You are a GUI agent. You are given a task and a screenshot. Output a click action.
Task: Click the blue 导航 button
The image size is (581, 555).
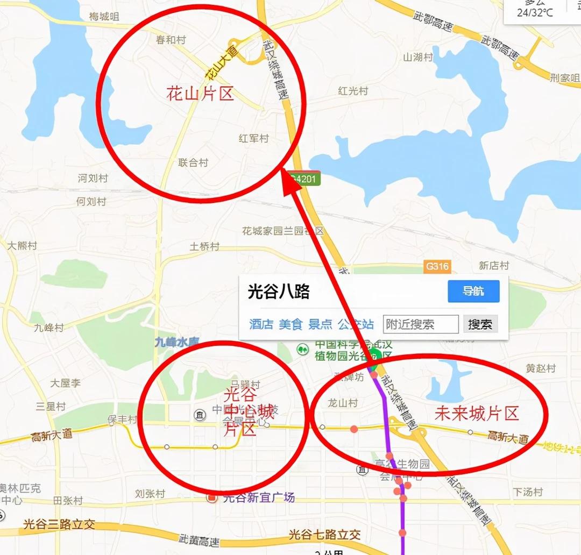click(473, 291)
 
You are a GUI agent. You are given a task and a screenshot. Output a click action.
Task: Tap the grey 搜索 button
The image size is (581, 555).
click(480, 324)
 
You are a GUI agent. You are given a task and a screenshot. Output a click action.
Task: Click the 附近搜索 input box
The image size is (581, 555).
click(421, 324)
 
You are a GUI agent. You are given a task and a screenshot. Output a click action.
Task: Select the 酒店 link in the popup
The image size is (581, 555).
click(261, 324)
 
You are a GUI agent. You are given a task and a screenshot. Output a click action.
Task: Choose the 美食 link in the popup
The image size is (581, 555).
click(290, 324)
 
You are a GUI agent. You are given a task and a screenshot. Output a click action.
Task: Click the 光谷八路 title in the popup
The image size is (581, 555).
click(279, 291)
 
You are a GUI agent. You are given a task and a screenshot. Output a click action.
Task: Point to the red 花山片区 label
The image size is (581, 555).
click(200, 95)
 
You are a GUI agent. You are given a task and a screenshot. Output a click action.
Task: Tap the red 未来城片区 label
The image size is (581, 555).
click(476, 414)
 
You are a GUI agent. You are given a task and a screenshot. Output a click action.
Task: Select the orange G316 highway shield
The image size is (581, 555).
click(437, 266)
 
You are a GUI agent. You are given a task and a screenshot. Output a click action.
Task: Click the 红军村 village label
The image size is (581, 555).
click(253, 139)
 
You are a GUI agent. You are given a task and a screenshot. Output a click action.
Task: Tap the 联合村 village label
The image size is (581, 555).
click(193, 162)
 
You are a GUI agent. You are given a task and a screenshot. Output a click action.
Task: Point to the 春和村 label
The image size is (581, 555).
click(171, 40)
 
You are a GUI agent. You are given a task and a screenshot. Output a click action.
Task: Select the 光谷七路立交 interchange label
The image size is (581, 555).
click(324, 535)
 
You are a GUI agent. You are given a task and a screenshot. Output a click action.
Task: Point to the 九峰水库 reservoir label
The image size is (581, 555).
click(177, 341)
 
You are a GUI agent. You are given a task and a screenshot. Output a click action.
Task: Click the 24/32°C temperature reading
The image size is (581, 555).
click(535, 13)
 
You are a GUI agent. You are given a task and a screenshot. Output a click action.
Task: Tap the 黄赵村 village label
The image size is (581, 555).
click(541, 368)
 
